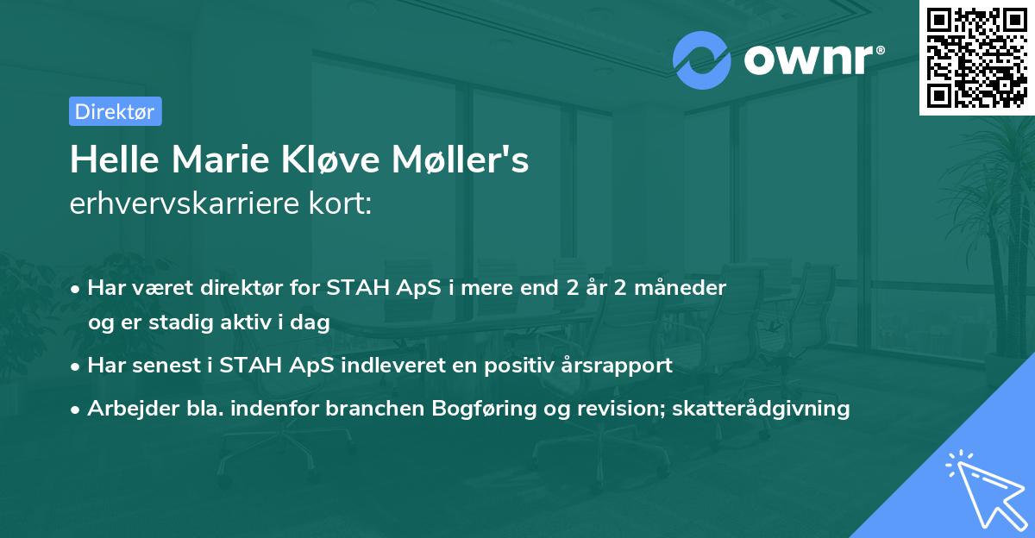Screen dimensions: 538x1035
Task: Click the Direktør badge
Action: pyautogui.click(x=115, y=111)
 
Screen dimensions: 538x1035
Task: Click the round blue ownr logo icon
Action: pyautogui.click(x=702, y=59)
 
